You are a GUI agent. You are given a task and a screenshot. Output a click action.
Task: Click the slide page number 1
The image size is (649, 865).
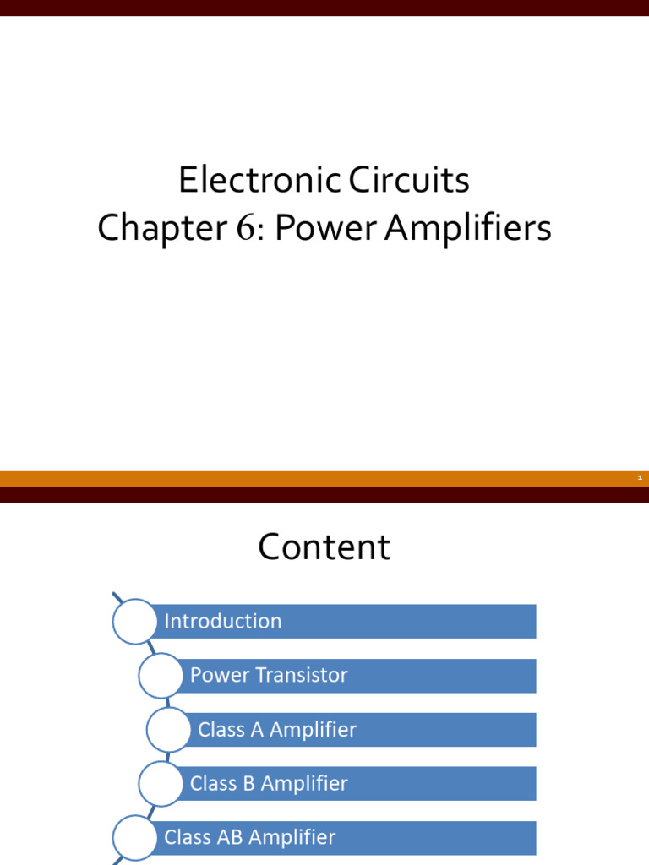coord(640,478)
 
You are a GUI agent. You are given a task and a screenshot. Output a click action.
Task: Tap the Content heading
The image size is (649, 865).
coord(324,547)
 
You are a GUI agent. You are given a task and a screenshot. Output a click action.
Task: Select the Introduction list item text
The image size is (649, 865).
coord(223,622)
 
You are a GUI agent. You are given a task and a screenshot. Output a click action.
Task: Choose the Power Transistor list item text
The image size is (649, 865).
coord(269,676)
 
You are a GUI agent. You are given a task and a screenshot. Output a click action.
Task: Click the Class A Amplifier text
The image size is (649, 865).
coord(277,730)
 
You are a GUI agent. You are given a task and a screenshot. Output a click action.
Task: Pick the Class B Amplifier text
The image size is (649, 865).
coord(269,784)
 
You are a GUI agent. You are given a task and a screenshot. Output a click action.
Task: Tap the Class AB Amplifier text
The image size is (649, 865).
coord(250,838)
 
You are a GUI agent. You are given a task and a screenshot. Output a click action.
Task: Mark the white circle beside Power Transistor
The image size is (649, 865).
coord(161,676)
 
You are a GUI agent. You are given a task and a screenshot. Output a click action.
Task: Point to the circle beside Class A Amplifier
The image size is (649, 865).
coord(169,730)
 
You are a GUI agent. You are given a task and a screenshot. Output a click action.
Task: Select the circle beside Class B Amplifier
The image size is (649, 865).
coord(161,784)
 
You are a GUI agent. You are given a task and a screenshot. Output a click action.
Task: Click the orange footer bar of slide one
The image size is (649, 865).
coord(324,478)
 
